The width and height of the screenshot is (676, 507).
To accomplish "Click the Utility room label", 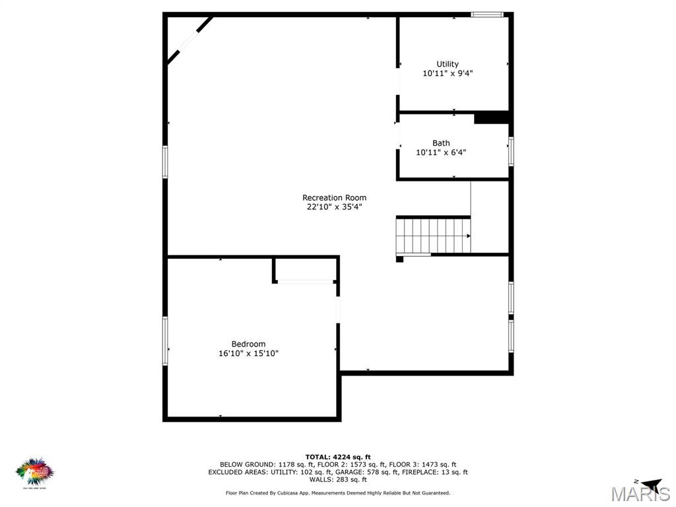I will [448, 64].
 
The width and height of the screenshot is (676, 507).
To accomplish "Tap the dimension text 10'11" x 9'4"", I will [448, 73].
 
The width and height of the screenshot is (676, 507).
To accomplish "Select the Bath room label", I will [441, 143].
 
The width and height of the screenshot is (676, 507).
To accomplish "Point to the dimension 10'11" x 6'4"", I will [441, 152].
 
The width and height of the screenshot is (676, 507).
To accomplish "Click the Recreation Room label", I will [334, 197].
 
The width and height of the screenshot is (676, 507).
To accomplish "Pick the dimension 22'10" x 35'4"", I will [334, 207].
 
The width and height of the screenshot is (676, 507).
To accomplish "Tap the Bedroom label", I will [248, 344].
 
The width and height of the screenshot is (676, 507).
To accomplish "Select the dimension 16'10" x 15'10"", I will [248, 353].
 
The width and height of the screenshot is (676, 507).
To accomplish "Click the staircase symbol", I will [434, 236].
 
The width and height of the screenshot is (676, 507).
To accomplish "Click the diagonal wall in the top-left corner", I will [189, 40].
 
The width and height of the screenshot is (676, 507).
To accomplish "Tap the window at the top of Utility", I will [487, 14].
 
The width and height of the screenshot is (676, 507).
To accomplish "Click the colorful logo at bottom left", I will [34, 471].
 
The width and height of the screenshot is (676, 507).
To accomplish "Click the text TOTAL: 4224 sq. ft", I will [338, 457].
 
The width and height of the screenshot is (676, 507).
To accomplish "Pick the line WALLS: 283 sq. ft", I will [338, 479].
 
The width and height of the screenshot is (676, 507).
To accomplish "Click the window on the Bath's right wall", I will [511, 151].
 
